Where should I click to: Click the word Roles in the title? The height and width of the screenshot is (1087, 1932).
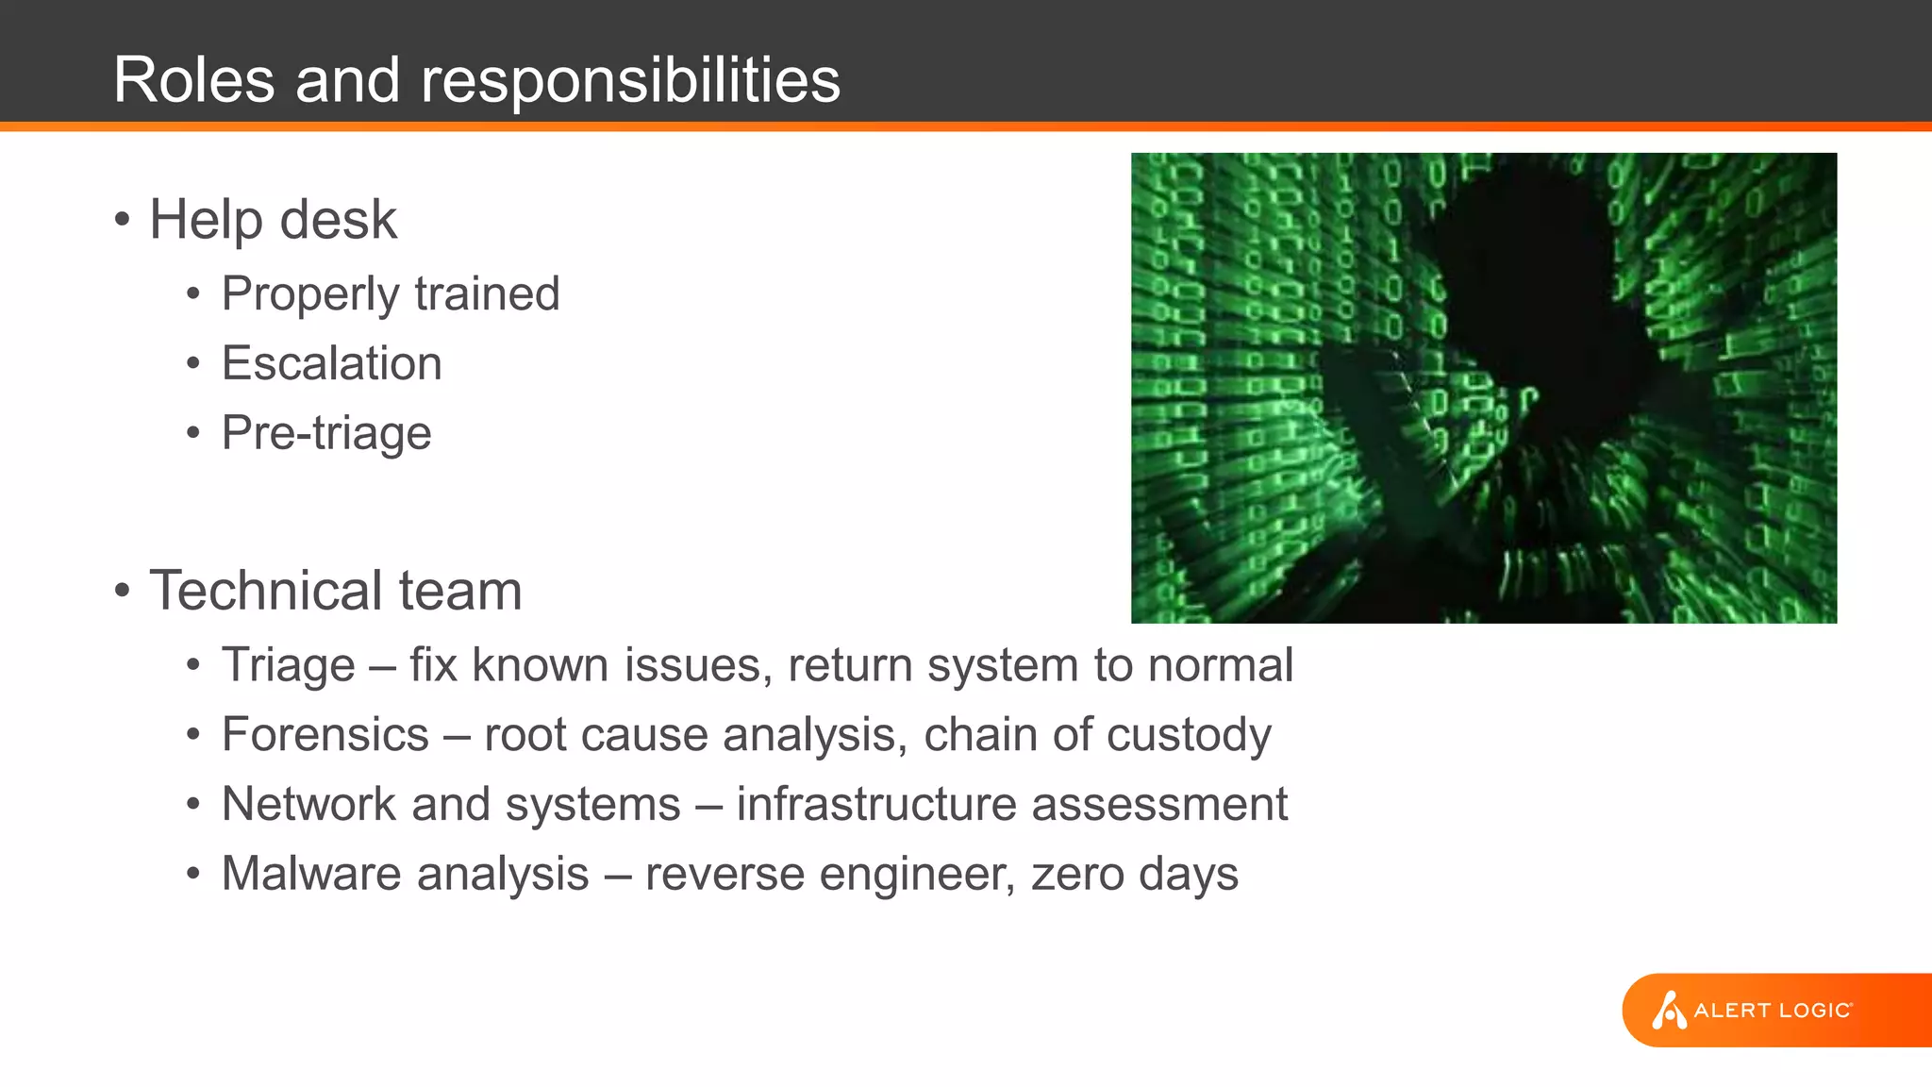pyautogui.click(x=194, y=79)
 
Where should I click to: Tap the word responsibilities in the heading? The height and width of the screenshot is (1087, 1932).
pyautogui.click(x=630, y=81)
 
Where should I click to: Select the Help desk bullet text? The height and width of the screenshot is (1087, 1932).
pyautogui.click(x=273, y=220)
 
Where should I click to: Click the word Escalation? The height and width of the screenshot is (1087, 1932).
pyautogui.click(x=331, y=363)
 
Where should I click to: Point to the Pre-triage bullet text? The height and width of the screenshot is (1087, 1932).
pyautogui.click(x=326, y=433)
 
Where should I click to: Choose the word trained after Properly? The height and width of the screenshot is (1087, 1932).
pyautogui.click(x=487, y=293)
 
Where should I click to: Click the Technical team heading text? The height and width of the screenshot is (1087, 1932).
pyautogui.click(x=335, y=591)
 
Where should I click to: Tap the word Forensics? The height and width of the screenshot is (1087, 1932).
pyautogui.click(x=325, y=734)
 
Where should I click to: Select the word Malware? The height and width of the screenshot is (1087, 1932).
pyautogui.click(x=309, y=873)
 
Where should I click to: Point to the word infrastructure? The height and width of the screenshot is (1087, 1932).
pyautogui.click(x=876, y=804)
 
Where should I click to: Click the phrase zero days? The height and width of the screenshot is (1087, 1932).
pyautogui.click(x=1134, y=874)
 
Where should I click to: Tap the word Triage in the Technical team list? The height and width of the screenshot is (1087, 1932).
pyautogui.click(x=288, y=665)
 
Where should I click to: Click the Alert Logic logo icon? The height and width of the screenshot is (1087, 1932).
pyautogui.click(x=1668, y=1010)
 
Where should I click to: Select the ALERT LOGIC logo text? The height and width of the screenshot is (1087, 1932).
pyautogui.click(x=1773, y=1011)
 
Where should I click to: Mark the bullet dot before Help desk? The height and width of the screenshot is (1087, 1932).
pyautogui.click(x=122, y=221)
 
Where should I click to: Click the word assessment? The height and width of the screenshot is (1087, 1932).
pyautogui.click(x=1159, y=804)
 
